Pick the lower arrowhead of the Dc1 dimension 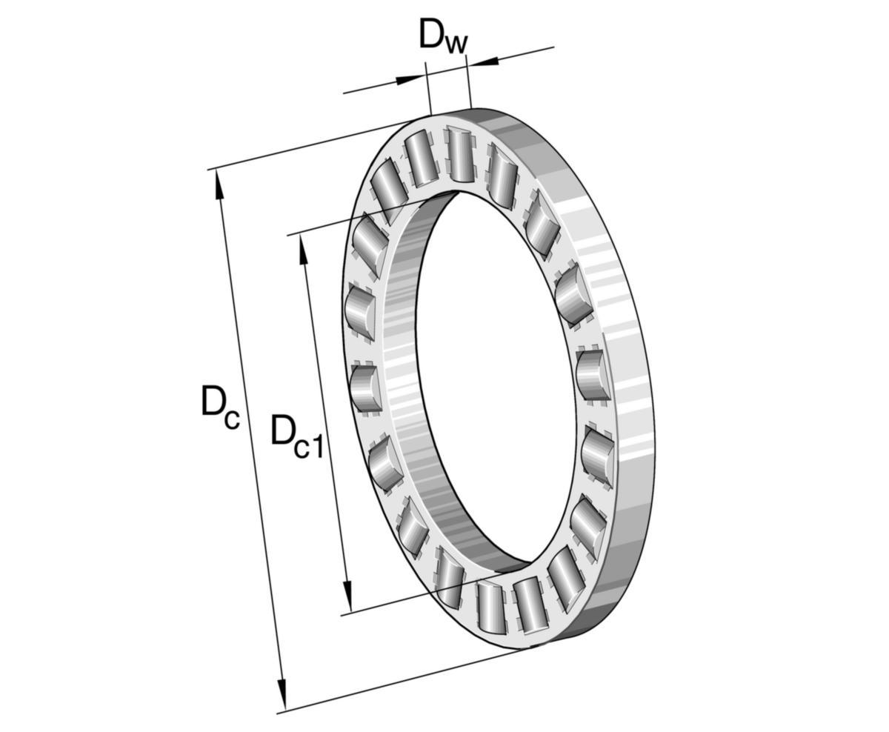point(347,596)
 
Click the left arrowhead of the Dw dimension point(410,80)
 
